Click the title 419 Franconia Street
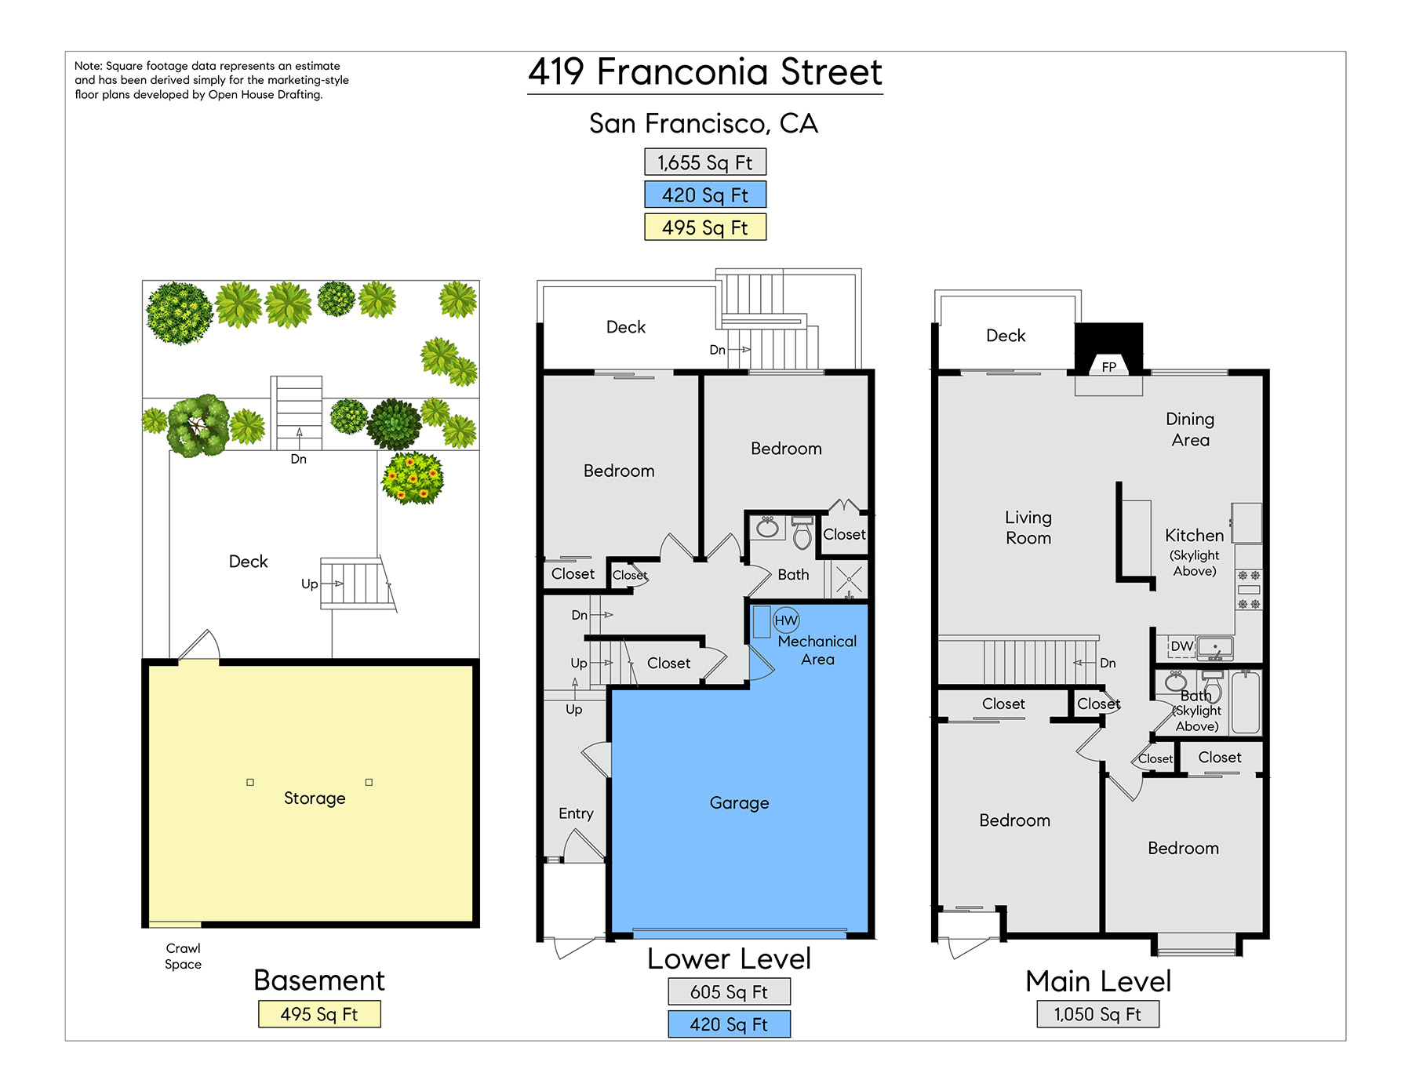click(x=705, y=72)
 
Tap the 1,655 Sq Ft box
click(x=705, y=162)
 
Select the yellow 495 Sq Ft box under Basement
click(x=319, y=1014)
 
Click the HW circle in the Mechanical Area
click(x=786, y=620)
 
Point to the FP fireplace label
click(x=1108, y=367)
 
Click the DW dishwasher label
click(x=1181, y=646)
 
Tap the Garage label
click(x=739, y=803)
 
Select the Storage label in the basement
click(x=315, y=798)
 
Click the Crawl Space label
click(x=183, y=956)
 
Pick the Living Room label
click(x=1028, y=528)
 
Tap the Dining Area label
click(x=1190, y=430)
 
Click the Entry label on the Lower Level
click(x=576, y=814)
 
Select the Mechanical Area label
click(x=817, y=650)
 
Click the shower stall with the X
click(x=849, y=580)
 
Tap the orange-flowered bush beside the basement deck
click(x=413, y=478)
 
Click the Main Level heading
click(x=1098, y=981)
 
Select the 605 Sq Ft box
click(x=729, y=991)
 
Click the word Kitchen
click(x=1194, y=536)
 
